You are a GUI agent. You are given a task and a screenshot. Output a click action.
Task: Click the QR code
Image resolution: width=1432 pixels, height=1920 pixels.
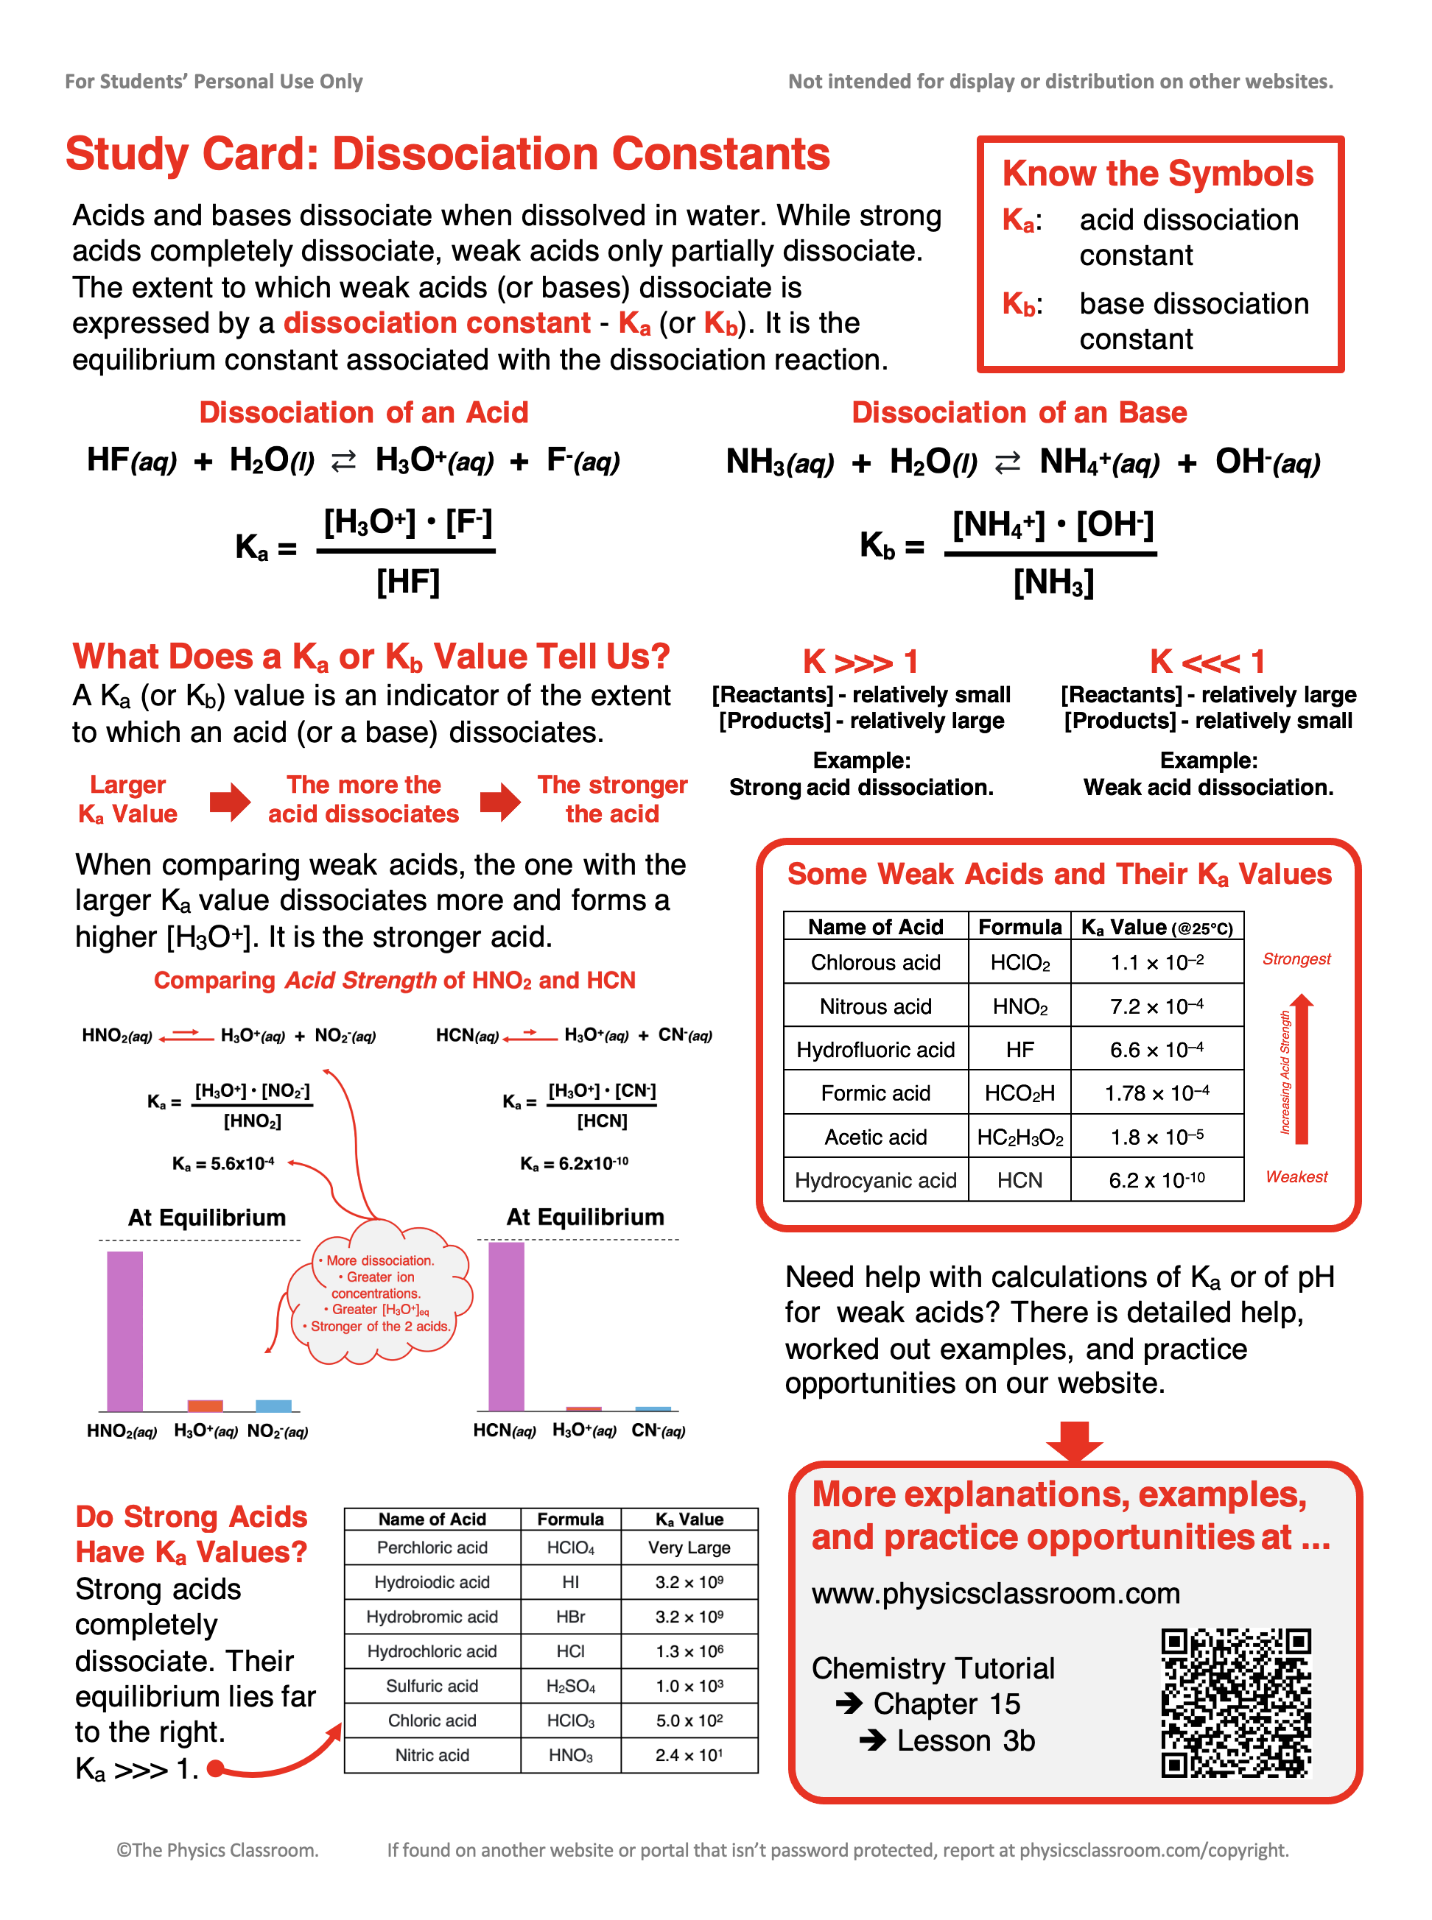pos(1235,1704)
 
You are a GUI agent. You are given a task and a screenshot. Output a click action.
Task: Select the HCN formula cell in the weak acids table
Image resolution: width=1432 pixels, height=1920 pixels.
pos(1019,1180)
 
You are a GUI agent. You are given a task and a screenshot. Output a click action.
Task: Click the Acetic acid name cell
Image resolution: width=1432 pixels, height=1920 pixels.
pos(876,1137)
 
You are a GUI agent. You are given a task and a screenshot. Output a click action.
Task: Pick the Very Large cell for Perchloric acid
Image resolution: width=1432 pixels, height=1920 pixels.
pos(689,1547)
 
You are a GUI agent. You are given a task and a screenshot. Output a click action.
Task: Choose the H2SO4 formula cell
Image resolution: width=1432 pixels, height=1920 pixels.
pos(570,1686)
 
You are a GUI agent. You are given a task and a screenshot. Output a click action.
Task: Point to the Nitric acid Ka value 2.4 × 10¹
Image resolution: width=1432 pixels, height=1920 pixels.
pos(689,1755)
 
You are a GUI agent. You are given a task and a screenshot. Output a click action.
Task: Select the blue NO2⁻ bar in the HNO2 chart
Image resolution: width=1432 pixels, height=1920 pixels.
pos(273,1405)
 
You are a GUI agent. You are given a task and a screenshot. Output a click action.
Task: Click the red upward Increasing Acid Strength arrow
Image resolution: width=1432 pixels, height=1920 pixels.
pos(1301,1070)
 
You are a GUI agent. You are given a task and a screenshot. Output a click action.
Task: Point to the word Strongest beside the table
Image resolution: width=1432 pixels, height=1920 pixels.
pos(1296,959)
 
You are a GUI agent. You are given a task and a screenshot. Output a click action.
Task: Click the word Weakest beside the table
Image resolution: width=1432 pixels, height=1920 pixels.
pos(1296,1176)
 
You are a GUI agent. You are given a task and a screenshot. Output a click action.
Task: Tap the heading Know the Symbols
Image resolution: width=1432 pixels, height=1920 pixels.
pos(1157,173)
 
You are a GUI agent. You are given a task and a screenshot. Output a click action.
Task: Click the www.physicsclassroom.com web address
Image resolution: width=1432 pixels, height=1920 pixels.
pos(996,1593)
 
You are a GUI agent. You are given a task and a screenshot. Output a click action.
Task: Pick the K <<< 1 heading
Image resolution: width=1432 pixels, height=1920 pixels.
pos(1207,662)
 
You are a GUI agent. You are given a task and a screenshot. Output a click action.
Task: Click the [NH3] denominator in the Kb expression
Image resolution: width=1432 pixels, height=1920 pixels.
pos(1053,582)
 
